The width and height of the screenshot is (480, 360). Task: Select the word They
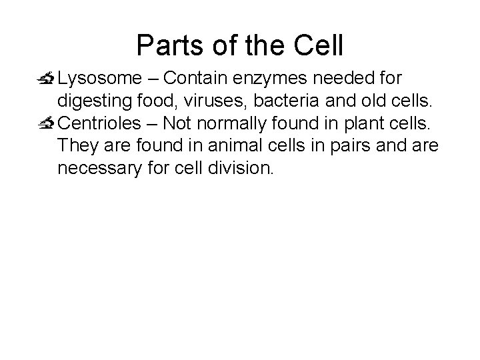pos(75,146)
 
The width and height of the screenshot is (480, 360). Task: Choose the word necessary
pos(97,169)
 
